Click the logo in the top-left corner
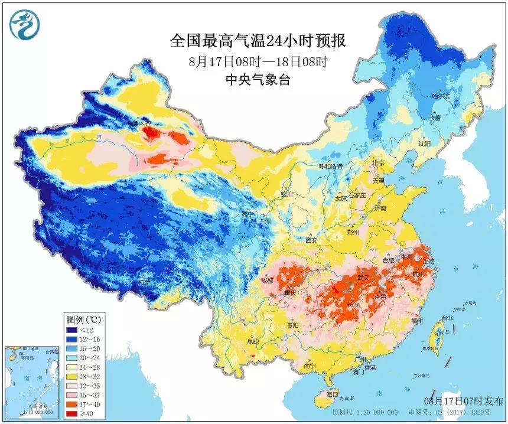pyautogui.click(x=24, y=24)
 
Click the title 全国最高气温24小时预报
pyautogui.click(x=258, y=41)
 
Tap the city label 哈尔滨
pyautogui.click(x=441, y=96)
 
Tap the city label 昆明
pyautogui.click(x=253, y=341)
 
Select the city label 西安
pyautogui.click(x=311, y=240)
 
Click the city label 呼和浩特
pyautogui.click(x=331, y=167)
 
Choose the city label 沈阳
pyautogui.click(x=425, y=143)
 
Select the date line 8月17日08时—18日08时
pyautogui.click(x=258, y=61)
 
